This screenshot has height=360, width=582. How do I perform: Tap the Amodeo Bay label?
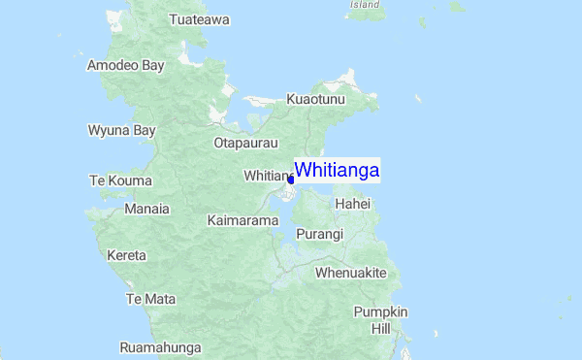[x=126, y=65]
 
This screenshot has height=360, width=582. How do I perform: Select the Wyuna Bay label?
[x=122, y=130]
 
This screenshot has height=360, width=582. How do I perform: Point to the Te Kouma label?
[x=116, y=180]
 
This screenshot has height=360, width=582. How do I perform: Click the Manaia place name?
[x=147, y=209]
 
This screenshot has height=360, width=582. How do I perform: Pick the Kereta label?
[x=127, y=255]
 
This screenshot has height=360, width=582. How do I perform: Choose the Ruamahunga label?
[x=160, y=347]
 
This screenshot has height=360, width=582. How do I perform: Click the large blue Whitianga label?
[x=338, y=170]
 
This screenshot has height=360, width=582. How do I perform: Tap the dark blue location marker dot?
[x=291, y=179]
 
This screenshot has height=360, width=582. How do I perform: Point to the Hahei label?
[x=352, y=205]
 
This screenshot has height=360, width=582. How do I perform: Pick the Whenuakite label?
[x=351, y=273]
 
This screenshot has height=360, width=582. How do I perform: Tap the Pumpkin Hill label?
[x=380, y=320]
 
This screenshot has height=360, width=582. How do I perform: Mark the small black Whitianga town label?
[x=266, y=176]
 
